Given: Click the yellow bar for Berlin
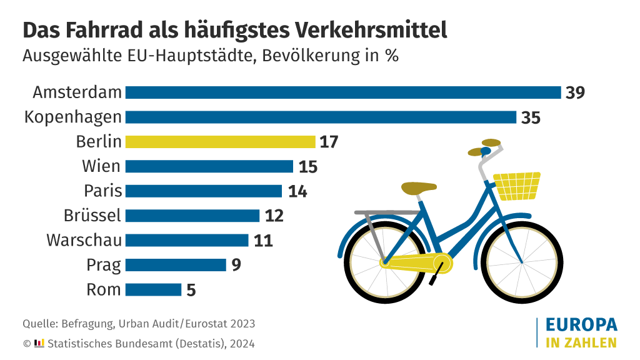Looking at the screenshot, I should click(220, 142).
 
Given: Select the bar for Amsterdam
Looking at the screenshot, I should click(342, 92).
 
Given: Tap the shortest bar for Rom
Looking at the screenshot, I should click(153, 290).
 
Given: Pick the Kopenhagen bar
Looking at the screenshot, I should click(321, 117).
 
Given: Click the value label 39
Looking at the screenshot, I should click(575, 92).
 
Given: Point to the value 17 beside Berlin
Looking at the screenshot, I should click(329, 142).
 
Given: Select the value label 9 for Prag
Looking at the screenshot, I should click(236, 265).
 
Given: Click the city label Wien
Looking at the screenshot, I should click(101, 166).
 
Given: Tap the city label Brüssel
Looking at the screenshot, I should click(92, 216).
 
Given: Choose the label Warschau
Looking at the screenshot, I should click(84, 240).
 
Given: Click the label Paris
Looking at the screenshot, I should click(103, 191).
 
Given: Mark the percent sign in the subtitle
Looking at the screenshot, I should click(392, 56).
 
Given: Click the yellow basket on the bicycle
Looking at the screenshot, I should click(517, 185).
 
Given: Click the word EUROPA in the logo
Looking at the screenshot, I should click(581, 324).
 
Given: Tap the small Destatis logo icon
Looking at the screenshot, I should click(39, 342).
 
